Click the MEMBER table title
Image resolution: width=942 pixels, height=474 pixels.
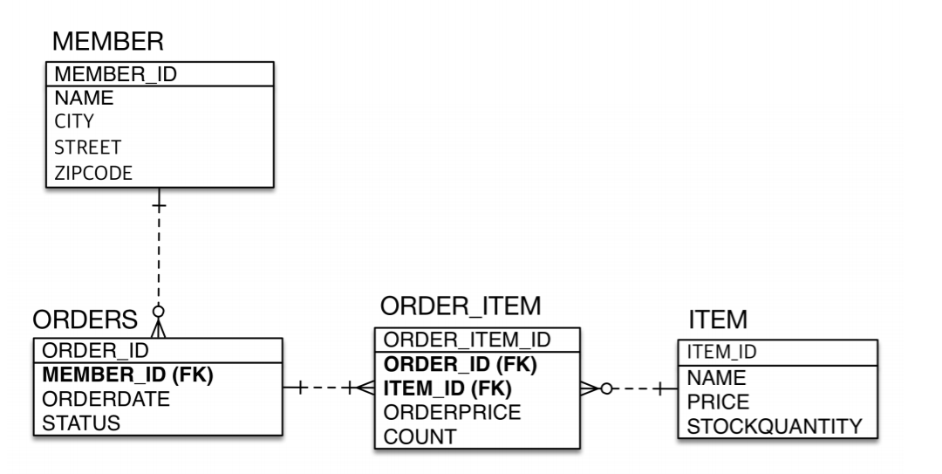click(x=107, y=41)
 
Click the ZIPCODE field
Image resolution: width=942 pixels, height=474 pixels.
click(x=93, y=172)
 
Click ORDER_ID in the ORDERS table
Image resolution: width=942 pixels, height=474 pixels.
click(x=95, y=351)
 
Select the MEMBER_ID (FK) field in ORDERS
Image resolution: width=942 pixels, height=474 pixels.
click(x=128, y=375)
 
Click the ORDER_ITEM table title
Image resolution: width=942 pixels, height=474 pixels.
click(x=461, y=306)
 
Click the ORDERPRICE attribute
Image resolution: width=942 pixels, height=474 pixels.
click(x=453, y=412)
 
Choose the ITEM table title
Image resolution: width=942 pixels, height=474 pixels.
click(x=713, y=321)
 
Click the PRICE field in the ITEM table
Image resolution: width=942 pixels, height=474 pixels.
click(x=718, y=402)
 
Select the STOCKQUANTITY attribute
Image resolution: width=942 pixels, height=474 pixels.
click(x=775, y=426)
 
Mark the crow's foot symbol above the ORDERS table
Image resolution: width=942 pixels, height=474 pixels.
click(x=158, y=326)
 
